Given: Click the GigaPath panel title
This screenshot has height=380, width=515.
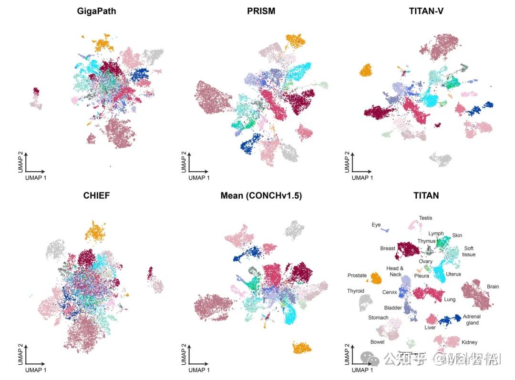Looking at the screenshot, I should [x=96, y=11].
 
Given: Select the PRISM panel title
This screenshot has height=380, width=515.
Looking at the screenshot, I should [x=262, y=11].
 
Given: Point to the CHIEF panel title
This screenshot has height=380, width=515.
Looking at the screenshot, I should [x=96, y=195].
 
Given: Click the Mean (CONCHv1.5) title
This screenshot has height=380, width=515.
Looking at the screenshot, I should [x=261, y=195].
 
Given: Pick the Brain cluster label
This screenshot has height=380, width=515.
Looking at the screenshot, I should [x=493, y=287].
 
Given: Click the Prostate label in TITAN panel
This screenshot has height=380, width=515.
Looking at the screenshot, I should [x=357, y=276].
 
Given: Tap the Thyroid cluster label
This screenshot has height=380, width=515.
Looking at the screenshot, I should [x=356, y=291].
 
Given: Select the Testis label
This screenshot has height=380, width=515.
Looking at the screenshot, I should [x=425, y=218].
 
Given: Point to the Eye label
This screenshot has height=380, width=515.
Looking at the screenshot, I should [x=376, y=225].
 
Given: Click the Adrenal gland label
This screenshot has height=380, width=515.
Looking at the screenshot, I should [x=472, y=319].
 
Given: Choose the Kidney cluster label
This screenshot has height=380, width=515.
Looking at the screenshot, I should [x=469, y=342].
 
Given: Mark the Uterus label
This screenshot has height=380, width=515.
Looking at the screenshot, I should [x=453, y=275].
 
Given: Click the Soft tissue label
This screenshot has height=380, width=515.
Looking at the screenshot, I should [x=469, y=251].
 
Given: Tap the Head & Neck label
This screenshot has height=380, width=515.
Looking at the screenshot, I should [x=395, y=271].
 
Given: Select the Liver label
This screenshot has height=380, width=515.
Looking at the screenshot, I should [x=430, y=328].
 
